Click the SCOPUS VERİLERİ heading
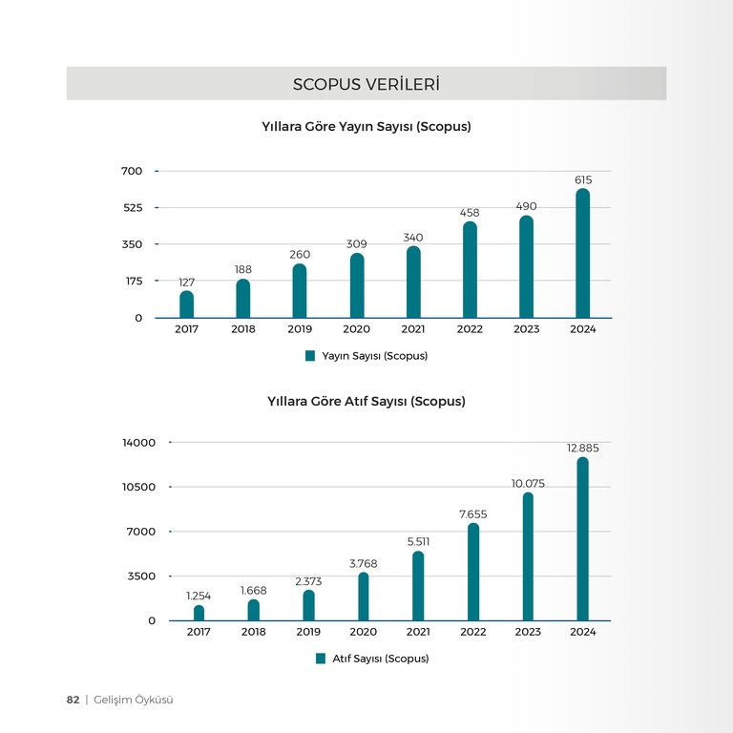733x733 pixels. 366,84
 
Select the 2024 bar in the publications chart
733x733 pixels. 582,253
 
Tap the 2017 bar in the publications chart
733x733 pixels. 186,304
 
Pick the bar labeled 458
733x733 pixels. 470,270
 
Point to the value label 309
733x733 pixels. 356,244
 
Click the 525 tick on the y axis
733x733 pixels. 133,207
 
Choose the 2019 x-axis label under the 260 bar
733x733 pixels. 300,329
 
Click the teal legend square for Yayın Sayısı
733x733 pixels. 310,356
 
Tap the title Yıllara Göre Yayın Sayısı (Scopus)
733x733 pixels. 366,127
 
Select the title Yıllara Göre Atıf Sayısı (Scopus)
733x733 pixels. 366,402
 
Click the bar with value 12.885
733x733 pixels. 582,539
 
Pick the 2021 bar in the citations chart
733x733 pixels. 418,586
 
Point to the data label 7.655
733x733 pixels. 473,514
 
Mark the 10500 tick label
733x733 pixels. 138,487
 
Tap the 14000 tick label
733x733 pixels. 138,443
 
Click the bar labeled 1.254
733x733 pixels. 199,613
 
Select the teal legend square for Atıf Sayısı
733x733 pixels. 321,659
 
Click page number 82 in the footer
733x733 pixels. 73,700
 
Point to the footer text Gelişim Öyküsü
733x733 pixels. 134,700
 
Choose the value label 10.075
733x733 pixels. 528,483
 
